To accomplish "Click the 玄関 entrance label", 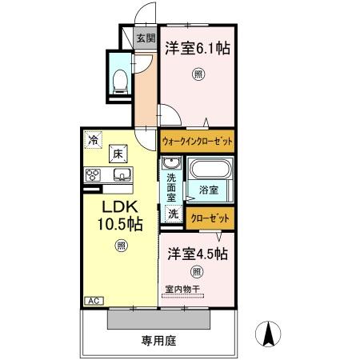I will (x=145, y=38).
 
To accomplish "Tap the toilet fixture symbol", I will (x=121, y=78).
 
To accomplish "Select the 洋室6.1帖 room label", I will (x=198, y=49).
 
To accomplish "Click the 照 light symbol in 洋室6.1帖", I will (x=198, y=75).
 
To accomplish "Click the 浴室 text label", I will (x=209, y=190).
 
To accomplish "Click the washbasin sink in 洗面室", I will (x=171, y=165).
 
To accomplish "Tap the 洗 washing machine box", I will (x=173, y=214).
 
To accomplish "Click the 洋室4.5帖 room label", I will (x=198, y=254).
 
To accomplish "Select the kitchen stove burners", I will (x=91, y=174).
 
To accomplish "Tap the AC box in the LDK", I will (x=92, y=300).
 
